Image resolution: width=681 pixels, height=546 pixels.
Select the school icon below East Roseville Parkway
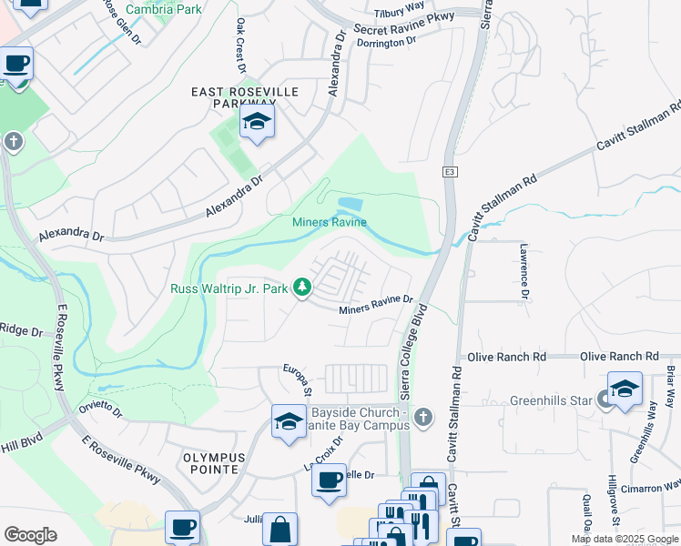[258, 123]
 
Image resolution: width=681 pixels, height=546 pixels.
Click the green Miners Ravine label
[329, 222]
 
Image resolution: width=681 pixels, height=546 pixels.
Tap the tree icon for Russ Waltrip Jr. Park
[302, 288]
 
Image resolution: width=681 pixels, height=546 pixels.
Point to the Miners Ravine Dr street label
[376, 305]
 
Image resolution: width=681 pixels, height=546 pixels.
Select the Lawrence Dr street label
[524, 270]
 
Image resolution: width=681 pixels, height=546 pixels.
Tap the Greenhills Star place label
[547, 399]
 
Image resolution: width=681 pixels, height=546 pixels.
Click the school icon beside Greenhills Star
[625, 388]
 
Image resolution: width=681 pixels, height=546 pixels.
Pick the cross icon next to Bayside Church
[421, 418]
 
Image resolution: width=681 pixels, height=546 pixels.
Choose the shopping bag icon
[280, 530]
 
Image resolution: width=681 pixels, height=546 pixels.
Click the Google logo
[31, 535]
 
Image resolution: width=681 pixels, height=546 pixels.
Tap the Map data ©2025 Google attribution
[624, 539]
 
